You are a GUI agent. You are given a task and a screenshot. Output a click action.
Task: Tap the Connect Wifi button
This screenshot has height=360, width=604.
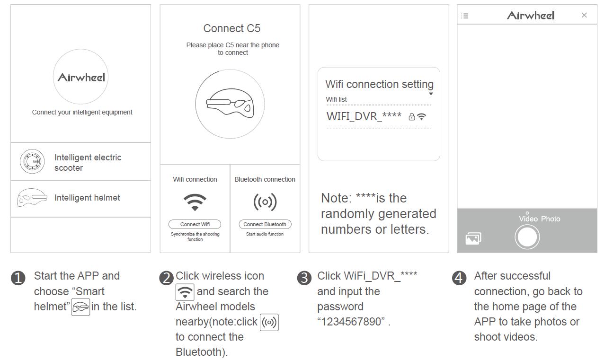point(195,224)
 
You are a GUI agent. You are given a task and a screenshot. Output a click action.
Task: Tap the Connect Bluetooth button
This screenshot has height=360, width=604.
point(265,224)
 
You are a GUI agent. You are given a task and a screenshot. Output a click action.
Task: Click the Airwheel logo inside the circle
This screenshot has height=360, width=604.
point(81,77)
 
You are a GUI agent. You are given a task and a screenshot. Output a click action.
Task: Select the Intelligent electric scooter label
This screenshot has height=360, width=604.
point(88,162)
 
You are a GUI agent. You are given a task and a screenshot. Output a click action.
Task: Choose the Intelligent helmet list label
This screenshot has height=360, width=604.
point(87,198)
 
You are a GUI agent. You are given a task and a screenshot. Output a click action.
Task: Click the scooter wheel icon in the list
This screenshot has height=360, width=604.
point(32,161)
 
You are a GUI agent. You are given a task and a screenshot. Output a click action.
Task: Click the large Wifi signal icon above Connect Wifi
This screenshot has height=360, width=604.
point(195,202)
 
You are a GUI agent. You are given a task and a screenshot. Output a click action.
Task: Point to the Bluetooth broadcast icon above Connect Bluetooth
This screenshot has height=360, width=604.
point(265,202)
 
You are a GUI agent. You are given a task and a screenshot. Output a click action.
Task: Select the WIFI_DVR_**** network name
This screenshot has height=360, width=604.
point(364,116)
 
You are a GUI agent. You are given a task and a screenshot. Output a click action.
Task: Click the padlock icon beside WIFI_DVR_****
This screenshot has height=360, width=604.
point(411,117)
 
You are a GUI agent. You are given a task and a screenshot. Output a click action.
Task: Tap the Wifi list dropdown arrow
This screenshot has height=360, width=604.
point(431,94)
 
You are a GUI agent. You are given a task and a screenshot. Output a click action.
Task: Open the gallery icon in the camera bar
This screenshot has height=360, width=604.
point(473,238)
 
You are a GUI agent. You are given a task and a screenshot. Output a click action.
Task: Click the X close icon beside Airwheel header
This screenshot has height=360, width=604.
point(584,15)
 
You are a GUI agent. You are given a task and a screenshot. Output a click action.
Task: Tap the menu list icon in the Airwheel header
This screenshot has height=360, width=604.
point(464,16)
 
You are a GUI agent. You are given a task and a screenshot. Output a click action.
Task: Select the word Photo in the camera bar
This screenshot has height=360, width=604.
point(551,219)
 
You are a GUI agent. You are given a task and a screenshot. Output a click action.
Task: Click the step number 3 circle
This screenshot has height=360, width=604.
point(304,278)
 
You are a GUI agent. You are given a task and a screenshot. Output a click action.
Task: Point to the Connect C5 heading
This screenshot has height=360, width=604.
point(231,28)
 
